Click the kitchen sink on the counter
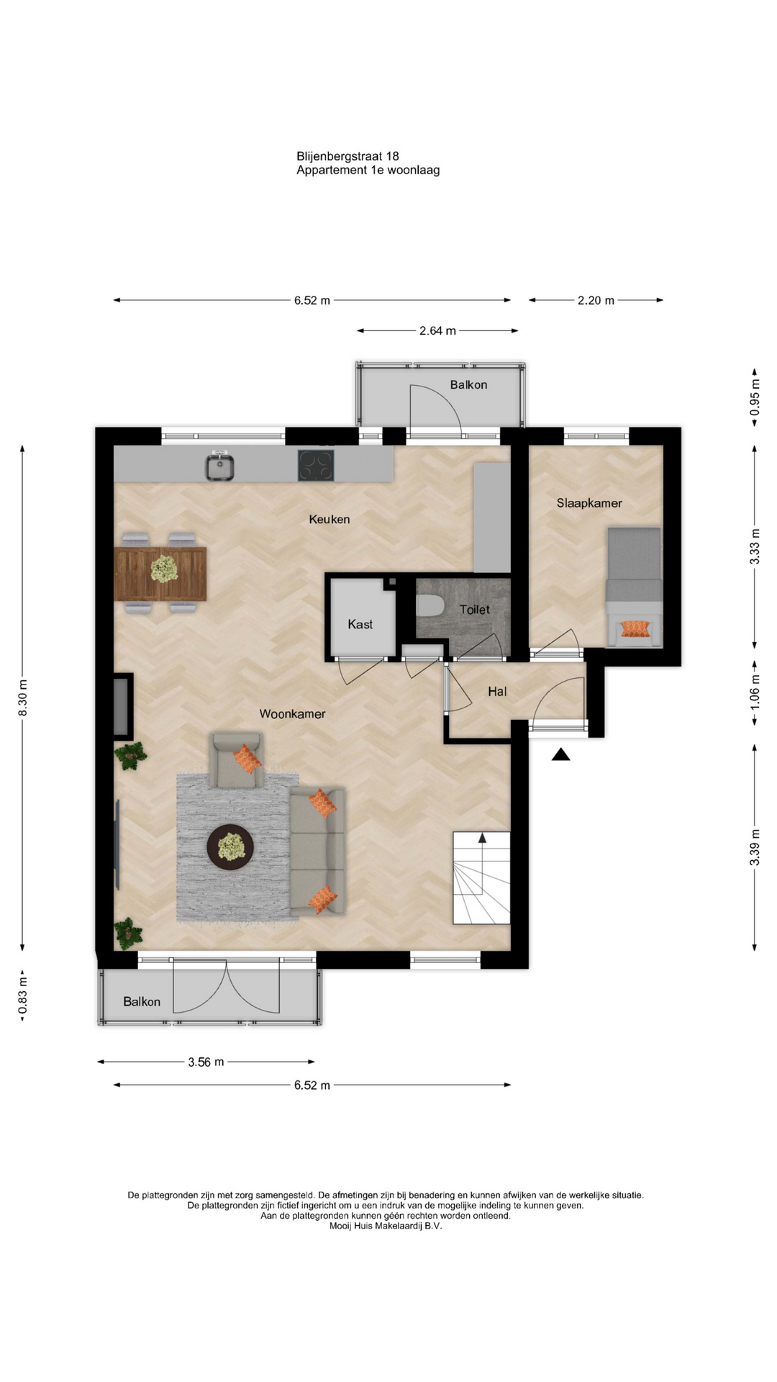tap(219, 466)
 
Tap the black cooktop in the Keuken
tap(316, 465)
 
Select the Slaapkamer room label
tap(589, 503)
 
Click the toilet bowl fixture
tap(430, 606)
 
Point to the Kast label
tap(360, 624)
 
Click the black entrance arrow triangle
tap(561, 754)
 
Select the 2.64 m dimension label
tap(437, 331)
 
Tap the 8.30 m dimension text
tap(22, 698)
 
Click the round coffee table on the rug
tap(230, 847)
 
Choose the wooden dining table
tap(160, 574)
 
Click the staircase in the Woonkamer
tap(481, 877)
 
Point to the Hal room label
tap(497, 692)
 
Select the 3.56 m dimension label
tap(206, 1062)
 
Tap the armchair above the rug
tap(236, 760)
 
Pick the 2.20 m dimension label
tap(596, 300)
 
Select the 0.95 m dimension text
tap(755, 398)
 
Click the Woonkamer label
tap(292, 714)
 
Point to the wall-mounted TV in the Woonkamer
tap(117, 844)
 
